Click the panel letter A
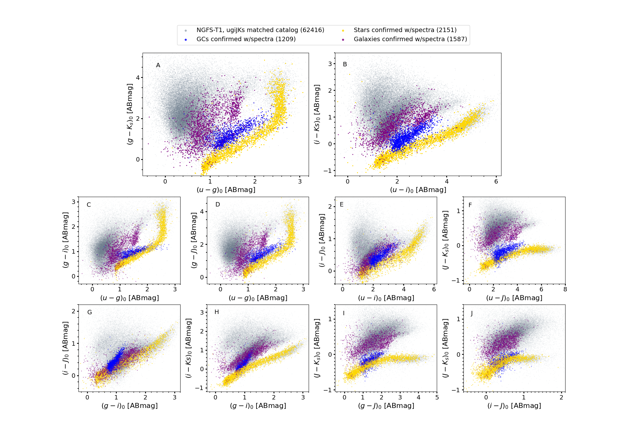[158, 65]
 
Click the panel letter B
[345, 64]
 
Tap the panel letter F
[470, 205]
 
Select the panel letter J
[472, 313]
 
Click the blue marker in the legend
[186, 40]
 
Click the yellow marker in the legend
[343, 30]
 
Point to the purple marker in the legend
[343, 40]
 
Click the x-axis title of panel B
[418, 190]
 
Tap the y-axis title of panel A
[130, 114]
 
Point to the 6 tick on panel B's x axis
[496, 182]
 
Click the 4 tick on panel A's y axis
[138, 78]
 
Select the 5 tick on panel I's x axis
[437, 398]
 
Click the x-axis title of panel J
[514, 406]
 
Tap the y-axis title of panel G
[65, 348]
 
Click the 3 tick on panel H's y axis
[202, 312]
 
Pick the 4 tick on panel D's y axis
[202, 212]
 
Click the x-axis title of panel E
[386, 298]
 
